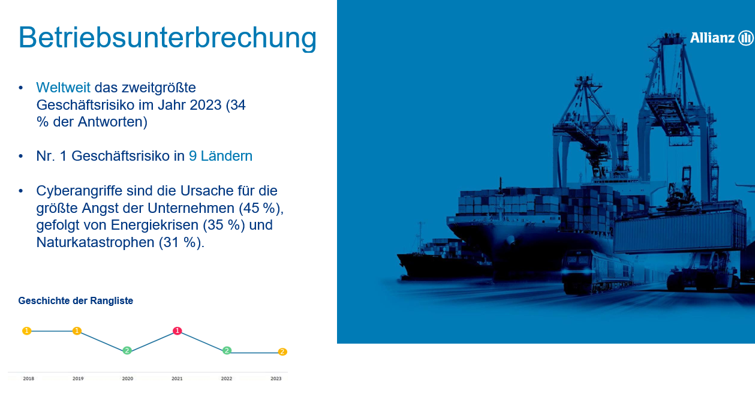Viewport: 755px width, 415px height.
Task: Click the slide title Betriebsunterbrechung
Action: pos(167,38)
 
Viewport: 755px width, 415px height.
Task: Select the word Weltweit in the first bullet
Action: pos(64,88)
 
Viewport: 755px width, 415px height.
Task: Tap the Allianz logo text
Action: pos(712,38)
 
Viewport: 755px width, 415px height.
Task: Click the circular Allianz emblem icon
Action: pos(745,38)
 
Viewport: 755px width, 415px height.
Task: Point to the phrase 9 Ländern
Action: pos(221,156)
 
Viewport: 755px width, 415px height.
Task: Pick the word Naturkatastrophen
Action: pos(95,242)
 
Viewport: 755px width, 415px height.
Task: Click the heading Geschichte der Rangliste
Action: pos(76,300)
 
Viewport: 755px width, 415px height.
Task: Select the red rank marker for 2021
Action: pos(178,330)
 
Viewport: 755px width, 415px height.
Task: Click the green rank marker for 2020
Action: pos(127,351)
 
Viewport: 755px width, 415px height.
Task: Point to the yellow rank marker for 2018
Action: pos(27,330)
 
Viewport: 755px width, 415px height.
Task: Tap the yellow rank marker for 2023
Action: pos(282,352)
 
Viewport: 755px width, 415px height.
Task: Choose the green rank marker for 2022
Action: pos(227,351)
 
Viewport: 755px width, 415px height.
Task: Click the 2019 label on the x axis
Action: pos(78,378)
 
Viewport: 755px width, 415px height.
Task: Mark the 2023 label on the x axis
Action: pos(276,378)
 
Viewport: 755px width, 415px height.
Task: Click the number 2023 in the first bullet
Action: pos(206,105)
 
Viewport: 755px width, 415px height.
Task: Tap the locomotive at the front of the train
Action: pos(582,272)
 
